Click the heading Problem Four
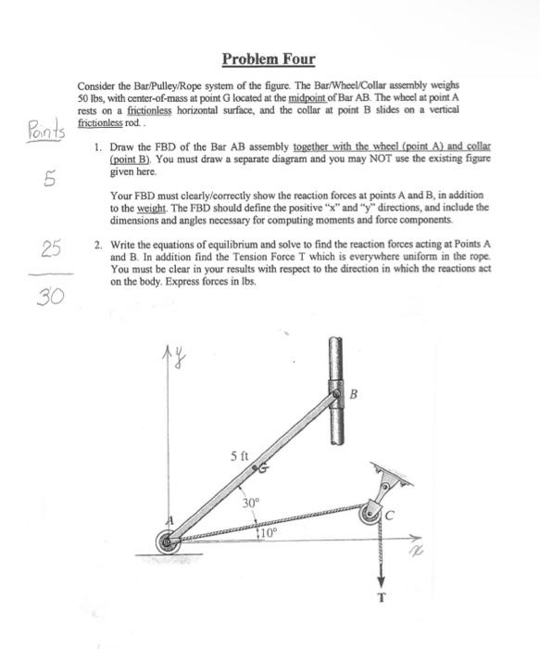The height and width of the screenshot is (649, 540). coord(269,60)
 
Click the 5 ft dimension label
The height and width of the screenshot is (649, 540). coord(240,455)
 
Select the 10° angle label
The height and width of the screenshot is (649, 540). coord(267,535)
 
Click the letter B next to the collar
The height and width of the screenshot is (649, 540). coord(354,392)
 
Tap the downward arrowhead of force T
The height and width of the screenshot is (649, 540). coord(380,577)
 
